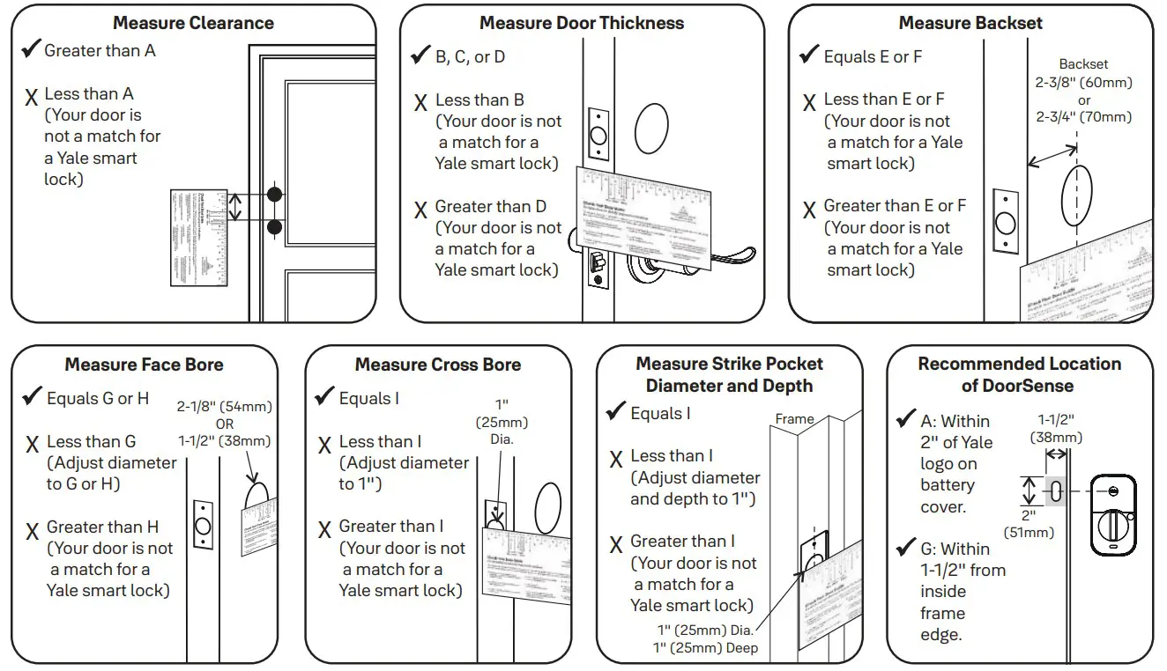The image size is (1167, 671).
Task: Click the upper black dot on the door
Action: (275, 194)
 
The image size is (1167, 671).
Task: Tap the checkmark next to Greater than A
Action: (31, 49)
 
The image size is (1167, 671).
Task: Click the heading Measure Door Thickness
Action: (582, 23)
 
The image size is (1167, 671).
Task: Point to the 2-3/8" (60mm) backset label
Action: (1083, 83)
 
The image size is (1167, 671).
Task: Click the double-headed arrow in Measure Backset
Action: (1051, 158)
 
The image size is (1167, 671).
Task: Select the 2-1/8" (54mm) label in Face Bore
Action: (225, 407)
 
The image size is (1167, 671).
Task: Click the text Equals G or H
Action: (98, 399)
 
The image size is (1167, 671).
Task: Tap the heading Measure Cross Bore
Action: (438, 365)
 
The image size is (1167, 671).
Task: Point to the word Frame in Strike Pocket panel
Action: (794, 419)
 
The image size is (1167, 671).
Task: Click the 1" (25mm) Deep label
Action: (706, 648)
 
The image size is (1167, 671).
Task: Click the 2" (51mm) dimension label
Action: (1029, 524)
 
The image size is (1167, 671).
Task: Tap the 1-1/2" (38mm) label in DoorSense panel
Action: (1056, 429)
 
